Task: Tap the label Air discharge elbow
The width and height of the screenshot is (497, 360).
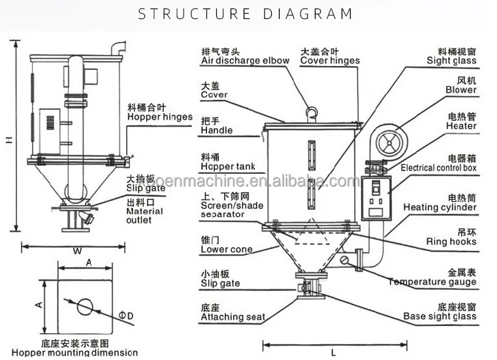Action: coord(245,61)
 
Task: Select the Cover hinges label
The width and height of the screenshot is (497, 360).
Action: coord(330,61)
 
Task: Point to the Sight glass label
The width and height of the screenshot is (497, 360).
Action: coord(453,61)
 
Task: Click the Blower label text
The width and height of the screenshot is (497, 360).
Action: coord(461,90)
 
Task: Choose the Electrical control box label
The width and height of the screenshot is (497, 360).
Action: coord(438,168)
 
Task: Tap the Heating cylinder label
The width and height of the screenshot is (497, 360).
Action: coord(440,207)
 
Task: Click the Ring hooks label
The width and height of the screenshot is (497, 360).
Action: coord(451,242)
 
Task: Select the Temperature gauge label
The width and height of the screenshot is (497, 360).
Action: coord(432,282)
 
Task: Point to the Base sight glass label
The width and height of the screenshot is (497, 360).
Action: coord(439,317)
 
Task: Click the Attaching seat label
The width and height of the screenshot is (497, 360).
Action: coord(232,318)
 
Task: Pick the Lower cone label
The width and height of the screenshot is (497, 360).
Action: coord(227,250)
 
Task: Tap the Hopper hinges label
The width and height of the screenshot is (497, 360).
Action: coord(160,118)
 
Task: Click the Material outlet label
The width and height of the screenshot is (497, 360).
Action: coord(145,216)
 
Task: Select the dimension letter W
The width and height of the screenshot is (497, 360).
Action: coord(76,250)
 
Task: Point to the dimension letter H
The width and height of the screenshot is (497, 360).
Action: coord(8,139)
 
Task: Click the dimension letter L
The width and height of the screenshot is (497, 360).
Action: coord(333,353)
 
